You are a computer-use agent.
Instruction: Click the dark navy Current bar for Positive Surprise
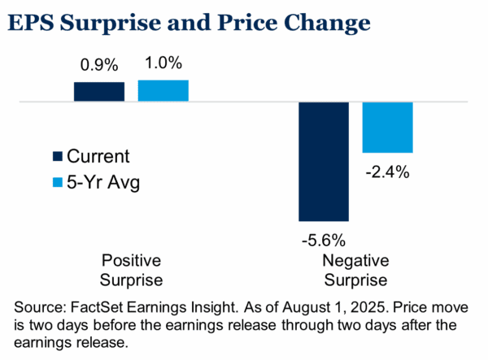coord(99,92)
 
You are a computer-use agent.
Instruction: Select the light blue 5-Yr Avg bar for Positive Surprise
coord(163,91)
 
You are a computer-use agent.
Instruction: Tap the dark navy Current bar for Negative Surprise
coord(324,162)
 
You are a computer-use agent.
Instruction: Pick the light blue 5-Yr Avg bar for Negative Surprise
coord(387,128)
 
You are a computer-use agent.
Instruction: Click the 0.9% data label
coord(99,65)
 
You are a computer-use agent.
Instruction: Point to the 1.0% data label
coord(163,63)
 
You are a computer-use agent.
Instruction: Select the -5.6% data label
coord(324,241)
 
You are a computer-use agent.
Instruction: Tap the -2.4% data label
coord(387,172)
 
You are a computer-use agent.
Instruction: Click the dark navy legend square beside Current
coord(58,156)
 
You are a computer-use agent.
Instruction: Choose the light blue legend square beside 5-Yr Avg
coord(58,182)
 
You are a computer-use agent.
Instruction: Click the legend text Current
coord(98,156)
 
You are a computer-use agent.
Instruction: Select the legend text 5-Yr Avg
coord(103,183)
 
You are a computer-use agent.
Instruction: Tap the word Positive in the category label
coord(131,261)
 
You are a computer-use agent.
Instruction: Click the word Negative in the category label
coord(355,261)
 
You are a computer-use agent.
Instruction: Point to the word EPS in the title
coord(31,23)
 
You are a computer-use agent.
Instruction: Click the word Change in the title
coord(327,24)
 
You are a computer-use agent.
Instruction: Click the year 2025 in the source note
coord(369,307)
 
